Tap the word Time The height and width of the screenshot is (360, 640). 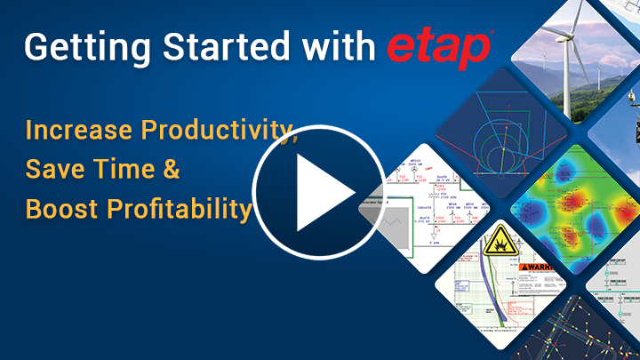134,170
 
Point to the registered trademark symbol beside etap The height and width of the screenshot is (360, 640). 495,36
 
